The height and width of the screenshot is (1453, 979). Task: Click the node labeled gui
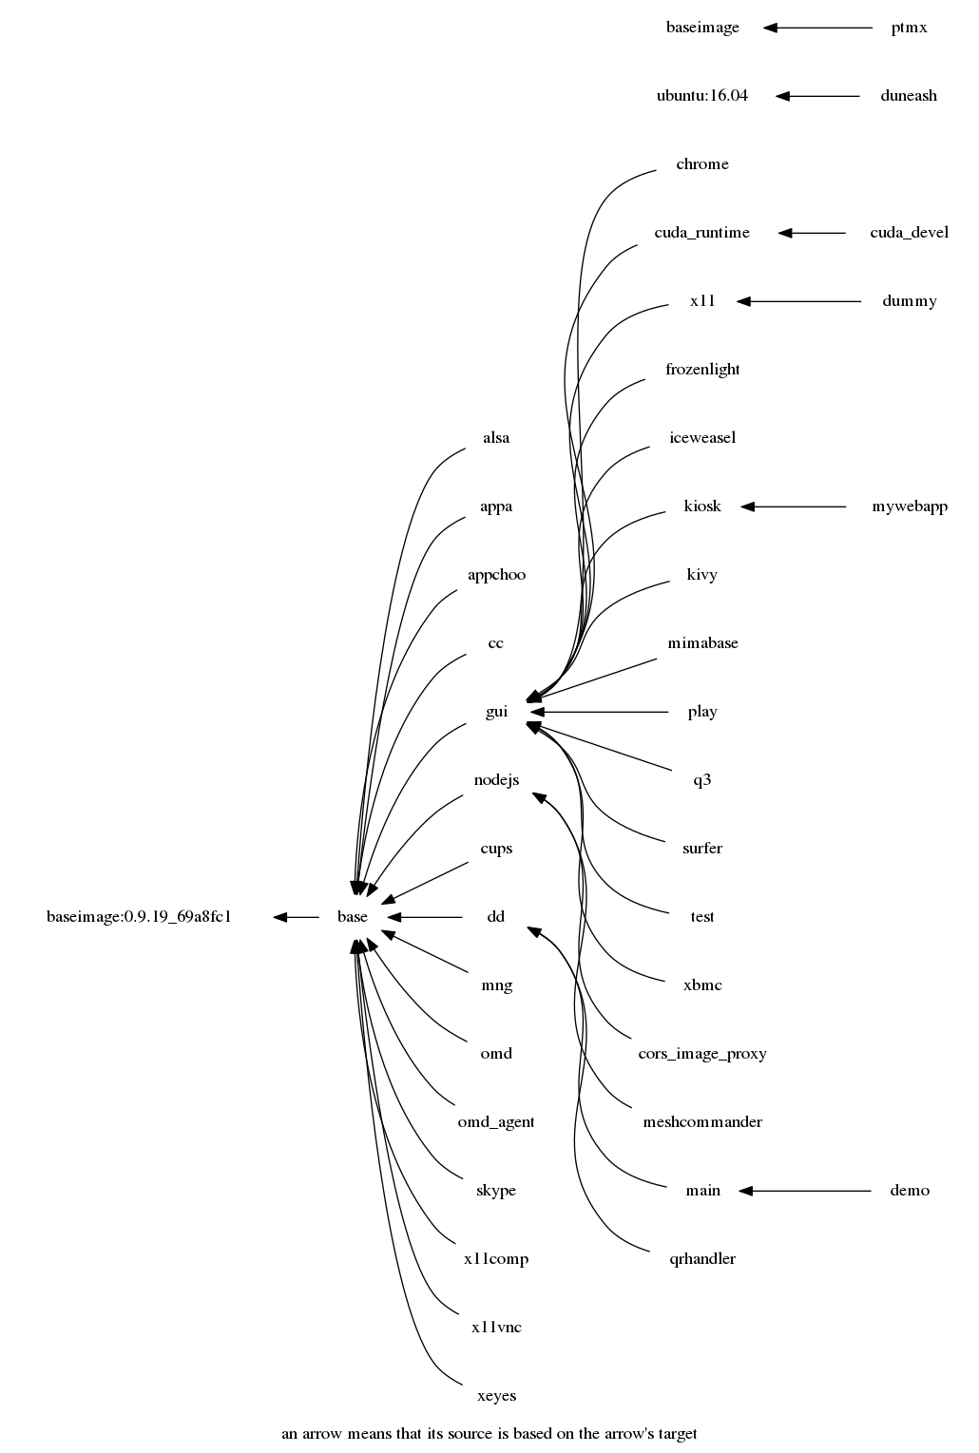pos(496,712)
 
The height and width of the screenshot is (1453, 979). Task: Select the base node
pos(352,917)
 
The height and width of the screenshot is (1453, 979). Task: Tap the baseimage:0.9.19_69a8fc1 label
pos(139,917)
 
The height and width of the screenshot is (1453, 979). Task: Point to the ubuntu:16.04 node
pos(702,96)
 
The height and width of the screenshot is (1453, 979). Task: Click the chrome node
pos(702,164)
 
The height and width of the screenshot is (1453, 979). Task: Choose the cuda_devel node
pos(909,233)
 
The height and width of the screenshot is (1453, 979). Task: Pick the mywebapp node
pos(909,507)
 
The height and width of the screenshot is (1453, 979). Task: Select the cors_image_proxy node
pos(702,1054)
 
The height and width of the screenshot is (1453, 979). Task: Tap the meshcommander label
pos(702,1122)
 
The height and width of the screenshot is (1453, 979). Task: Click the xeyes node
pos(496,1396)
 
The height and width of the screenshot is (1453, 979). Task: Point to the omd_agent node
pos(496,1122)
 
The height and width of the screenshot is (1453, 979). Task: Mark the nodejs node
pos(496,780)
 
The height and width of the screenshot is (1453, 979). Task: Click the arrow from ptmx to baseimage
pos(817,28)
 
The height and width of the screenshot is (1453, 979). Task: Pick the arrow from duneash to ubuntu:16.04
pos(817,96)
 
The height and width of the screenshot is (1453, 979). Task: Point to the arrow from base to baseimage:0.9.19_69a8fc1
pos(296,917)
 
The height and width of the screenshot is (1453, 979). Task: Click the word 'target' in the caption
pos(675,1434)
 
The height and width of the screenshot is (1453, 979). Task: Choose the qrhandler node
pos(702,1259)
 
